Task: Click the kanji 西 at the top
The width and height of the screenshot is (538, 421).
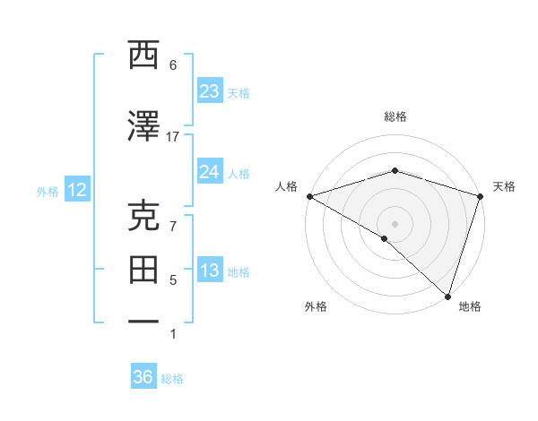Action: click(x=143, y=56)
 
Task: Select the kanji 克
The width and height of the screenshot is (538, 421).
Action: click(x=143, y=218)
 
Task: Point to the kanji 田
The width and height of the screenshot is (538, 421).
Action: click(x=143, y=269)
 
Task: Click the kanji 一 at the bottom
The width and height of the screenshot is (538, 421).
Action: click(x=143, y=320)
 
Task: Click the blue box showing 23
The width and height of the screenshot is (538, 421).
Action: click(x=209, y=91)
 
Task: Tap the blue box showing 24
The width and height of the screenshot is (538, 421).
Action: click(x=209, y=172)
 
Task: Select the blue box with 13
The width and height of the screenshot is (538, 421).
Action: click(x=209, y=271)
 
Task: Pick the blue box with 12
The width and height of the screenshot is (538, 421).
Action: click(x=76, y=190)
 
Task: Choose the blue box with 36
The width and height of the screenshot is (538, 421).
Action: click(x=143, y=377)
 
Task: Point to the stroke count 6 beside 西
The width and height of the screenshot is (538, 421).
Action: click(x=173, y=65)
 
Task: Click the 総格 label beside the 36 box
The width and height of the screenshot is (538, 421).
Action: click(x=172, y=379)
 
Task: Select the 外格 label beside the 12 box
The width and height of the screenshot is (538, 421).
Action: click(x=48, y=191)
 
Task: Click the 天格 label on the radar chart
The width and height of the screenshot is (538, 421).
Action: click(x=504, y=186)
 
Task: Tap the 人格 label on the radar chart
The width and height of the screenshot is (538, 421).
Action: click(x=286, y=186)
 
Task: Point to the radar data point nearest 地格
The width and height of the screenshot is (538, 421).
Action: click(x=447, y=296)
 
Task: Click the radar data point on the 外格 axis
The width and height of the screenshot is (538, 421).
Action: click(x=384, y=238)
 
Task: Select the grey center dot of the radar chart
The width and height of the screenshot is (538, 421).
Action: click(x=395, y=223)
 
